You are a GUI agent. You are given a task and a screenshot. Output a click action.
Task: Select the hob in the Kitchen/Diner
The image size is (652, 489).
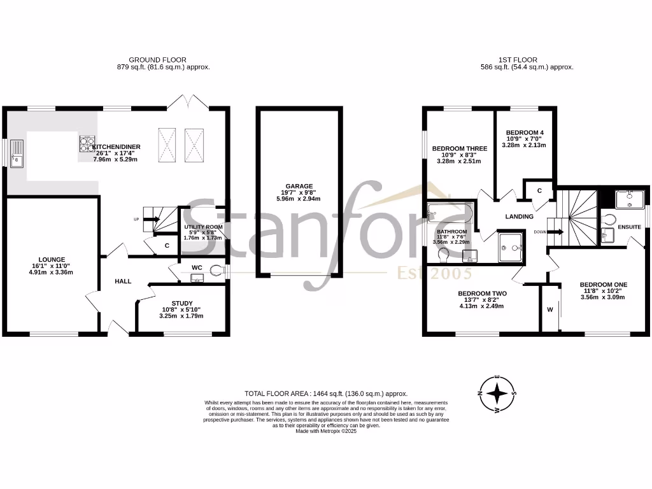[x=87, y=145]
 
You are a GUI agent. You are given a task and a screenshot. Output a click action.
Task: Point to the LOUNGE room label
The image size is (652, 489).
[x=52, y=260]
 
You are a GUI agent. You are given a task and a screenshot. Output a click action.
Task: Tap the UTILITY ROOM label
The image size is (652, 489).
[x=203, y=227]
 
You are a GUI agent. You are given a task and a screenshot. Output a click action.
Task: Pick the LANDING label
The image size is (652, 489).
[x=519, y=216]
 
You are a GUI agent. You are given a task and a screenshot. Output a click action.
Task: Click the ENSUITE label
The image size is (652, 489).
[x=629, y=226]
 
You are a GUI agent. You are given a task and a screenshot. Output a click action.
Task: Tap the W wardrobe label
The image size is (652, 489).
[x=549, y=311]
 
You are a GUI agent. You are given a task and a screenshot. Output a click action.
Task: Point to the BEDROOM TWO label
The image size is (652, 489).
[x=482, y=294]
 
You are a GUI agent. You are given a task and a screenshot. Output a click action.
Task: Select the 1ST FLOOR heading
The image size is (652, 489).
[x=527, y=60]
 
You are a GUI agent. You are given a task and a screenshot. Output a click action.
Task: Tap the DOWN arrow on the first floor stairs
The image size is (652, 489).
[x=555, y=232]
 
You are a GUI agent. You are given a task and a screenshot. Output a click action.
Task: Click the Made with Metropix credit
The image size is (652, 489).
[x=326, y=431]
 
